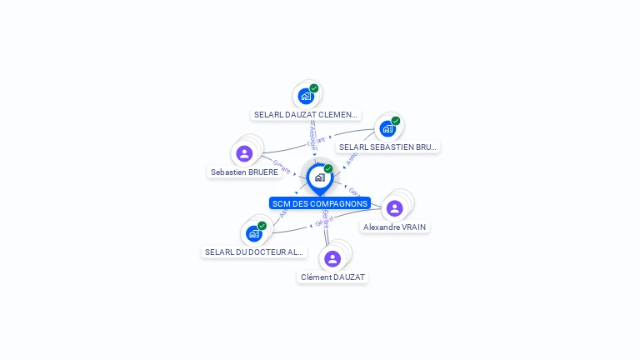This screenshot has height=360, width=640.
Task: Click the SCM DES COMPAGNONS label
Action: (319, 203)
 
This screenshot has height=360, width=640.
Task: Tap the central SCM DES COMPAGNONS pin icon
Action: (319, 177)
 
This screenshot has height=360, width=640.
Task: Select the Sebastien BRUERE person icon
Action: (244, 153)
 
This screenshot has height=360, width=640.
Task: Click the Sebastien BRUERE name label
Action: (244, 172)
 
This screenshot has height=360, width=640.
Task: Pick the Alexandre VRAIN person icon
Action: (395, 208)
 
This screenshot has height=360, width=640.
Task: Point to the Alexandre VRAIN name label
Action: (396, 227)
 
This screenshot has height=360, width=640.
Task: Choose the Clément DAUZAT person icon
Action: (332, 258)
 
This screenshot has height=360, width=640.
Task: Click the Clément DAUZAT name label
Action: (332, 277)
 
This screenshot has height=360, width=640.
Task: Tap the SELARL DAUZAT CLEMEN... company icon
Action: (306, 96)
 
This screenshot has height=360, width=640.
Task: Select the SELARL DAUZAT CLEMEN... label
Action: (306, 115)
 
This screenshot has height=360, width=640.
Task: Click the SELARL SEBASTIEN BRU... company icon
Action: (387, 128)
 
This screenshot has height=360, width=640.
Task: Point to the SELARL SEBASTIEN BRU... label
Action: (387, 147)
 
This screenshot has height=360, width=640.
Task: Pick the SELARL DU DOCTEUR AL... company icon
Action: (254, 233)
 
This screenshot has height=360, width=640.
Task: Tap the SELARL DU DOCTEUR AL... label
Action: (255, 252)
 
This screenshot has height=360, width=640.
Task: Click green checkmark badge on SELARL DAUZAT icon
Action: (314, 87)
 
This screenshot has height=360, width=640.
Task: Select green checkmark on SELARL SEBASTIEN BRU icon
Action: (396, 121)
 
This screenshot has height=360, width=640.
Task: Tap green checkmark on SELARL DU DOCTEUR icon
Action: (262, 226)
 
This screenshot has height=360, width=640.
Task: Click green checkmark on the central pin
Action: (328, 168)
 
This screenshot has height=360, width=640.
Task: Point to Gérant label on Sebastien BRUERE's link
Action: (282, 167)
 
